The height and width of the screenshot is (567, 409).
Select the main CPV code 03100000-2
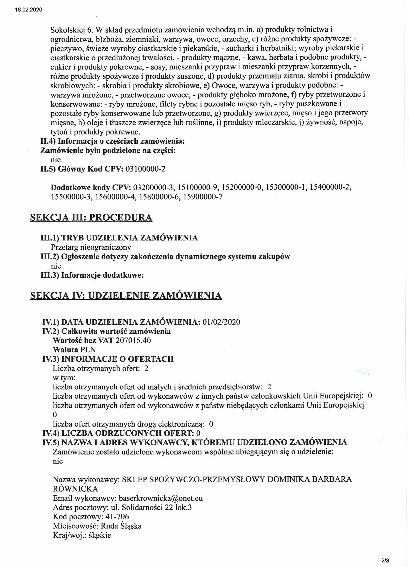click(x=145, y=169)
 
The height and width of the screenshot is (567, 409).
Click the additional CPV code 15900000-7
click(x=203, y=197)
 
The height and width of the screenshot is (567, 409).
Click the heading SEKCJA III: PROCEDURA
click(x=91, y=217)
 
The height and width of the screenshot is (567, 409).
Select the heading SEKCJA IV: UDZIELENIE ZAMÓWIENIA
click(x=126, y=296)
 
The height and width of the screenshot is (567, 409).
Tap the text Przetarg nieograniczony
click(x=91, y=247)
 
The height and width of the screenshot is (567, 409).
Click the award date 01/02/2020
click(x=221, y=322)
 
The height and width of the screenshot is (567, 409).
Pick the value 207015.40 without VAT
click(x=133, y=340)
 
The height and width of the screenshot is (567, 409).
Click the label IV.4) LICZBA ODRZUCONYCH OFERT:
click(x=118, y=433)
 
